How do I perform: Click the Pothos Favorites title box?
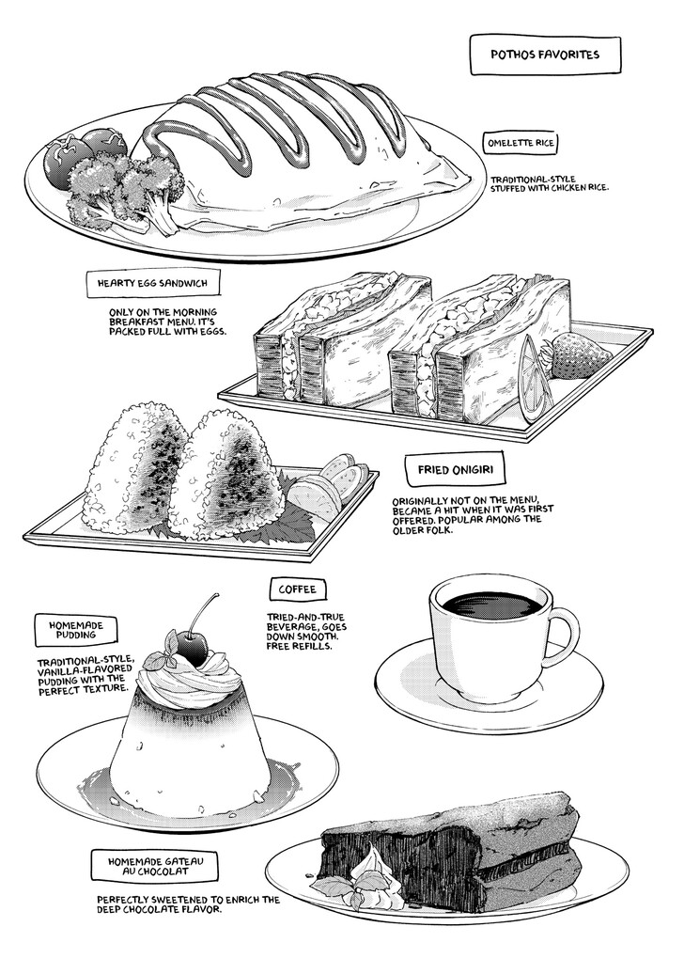tap(545, 55)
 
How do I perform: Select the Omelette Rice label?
tap(521, 143)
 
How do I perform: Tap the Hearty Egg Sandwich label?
tap(152, 283)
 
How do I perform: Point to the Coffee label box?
tap(297, 589)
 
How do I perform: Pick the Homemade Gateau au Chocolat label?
tap(148, 866)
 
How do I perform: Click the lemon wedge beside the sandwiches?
tap(536, 378)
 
